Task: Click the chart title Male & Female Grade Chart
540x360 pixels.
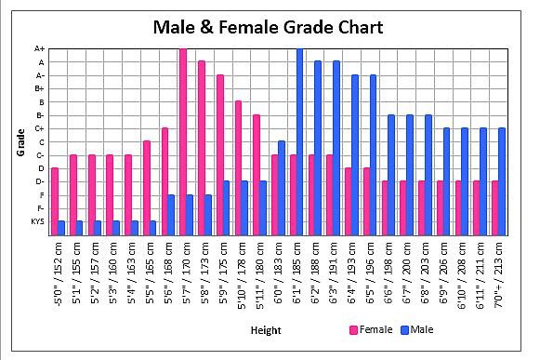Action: [x=268, y=27]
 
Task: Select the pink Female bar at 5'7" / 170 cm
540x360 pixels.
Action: [x=183, y=141]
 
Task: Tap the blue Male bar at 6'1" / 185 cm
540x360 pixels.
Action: [x=299, y=141]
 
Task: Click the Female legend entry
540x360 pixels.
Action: [x=371, y=329]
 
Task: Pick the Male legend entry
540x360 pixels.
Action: [x=417, y=329]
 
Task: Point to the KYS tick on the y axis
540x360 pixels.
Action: [x=37, y=221]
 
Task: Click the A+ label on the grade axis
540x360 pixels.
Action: [x=40, y=49]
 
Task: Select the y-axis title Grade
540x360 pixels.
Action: [x=20, y=142]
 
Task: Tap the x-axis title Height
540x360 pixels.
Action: [x=266, y=330]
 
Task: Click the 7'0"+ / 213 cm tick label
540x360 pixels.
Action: [x=499, y=274]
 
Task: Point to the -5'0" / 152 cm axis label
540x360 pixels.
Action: [x=59, y=274]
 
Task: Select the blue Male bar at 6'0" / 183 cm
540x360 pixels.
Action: [x=282, y=188]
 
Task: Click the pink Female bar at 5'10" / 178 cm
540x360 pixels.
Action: [x=238, y=168]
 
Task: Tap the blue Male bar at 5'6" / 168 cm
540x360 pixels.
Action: [x=171, y=215]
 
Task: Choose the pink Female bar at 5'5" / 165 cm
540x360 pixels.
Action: [x=147, y=188]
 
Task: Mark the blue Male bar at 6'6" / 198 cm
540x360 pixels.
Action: [x=391, y=175]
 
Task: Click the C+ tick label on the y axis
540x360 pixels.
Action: [x=39, y=129]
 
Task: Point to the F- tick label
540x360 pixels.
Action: [x=41, y=208]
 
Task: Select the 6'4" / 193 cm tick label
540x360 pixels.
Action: [x=352, y=273]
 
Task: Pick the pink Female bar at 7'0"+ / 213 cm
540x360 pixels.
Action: [x=495, y=208]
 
